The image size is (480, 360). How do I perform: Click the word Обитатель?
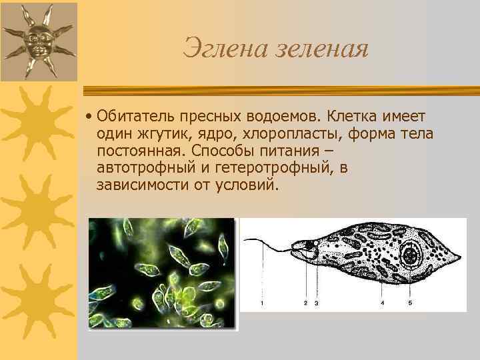[132, 117]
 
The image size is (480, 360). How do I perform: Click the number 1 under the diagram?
[262, 303]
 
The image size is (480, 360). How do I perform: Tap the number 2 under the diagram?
[305, 303]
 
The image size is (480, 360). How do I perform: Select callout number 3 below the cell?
[316, 303]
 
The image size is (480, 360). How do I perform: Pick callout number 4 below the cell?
[382, 303]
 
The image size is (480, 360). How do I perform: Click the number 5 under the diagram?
[409, 303]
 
